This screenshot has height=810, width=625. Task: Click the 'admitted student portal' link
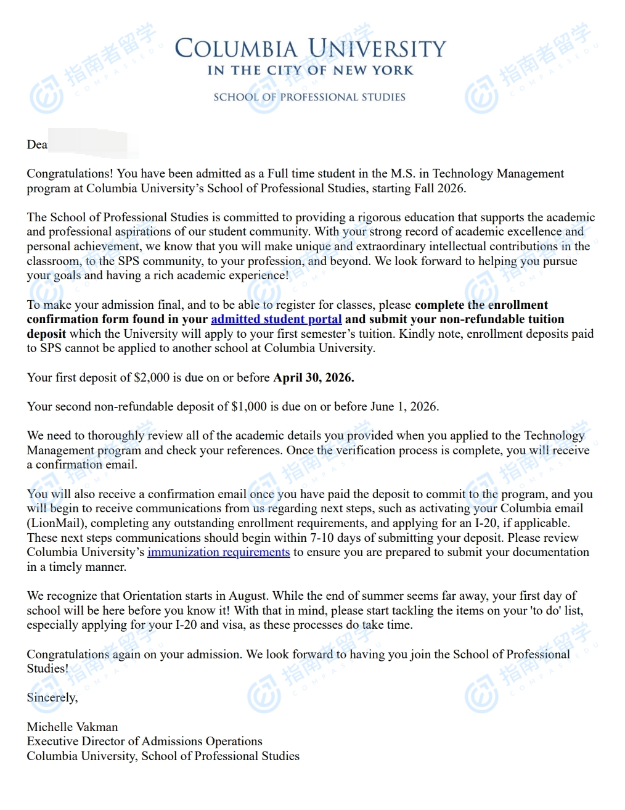(x=276, y=319)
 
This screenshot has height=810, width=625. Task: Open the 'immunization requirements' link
(x=218, y=552)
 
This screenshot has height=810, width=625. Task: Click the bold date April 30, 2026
(x=314, y=377)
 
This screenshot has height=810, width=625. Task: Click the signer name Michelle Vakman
(x=72, y=727)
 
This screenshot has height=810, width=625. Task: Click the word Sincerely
(x=52, y=698)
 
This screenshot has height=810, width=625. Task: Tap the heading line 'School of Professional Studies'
(x=309, y=97)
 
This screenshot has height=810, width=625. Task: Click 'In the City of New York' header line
(x=310, y=71)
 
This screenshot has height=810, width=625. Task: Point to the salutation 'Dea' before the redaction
(x=37, y=145)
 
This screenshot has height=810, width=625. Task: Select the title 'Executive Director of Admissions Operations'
(x=144, y=742)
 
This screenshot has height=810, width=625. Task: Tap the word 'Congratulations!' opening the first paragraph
(x=70, y=174)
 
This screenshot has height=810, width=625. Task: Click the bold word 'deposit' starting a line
(x=46, y=334)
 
